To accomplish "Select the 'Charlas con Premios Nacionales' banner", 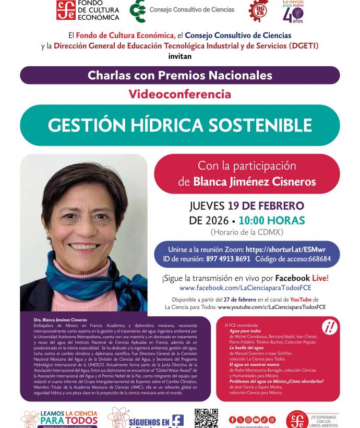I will [x=179, y=75].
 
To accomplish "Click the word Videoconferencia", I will [x=179, y=94].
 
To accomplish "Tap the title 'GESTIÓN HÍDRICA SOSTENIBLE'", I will [x=179, y=125].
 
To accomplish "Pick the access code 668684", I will [x=319, y=259].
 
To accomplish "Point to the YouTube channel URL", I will [x=271, y=307].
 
